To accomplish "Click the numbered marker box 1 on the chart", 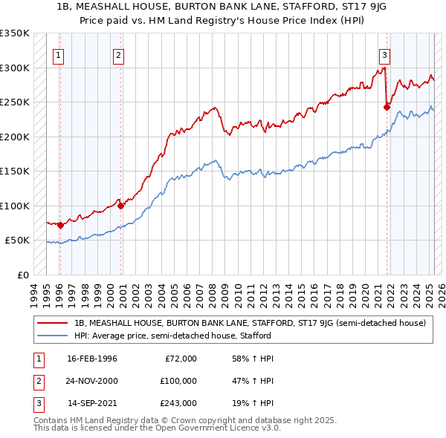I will coord(58,54).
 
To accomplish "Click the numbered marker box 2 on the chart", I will coord(119,54).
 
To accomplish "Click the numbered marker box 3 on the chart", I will coord(384,54).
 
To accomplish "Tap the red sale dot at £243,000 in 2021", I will coord(387,107).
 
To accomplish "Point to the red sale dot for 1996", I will coord(60,225).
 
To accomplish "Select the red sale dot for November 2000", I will coord(121,206).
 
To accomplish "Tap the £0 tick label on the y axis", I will coord(22,275).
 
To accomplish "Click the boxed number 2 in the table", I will coord(37,381).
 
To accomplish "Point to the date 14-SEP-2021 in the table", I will coord(92,403).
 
